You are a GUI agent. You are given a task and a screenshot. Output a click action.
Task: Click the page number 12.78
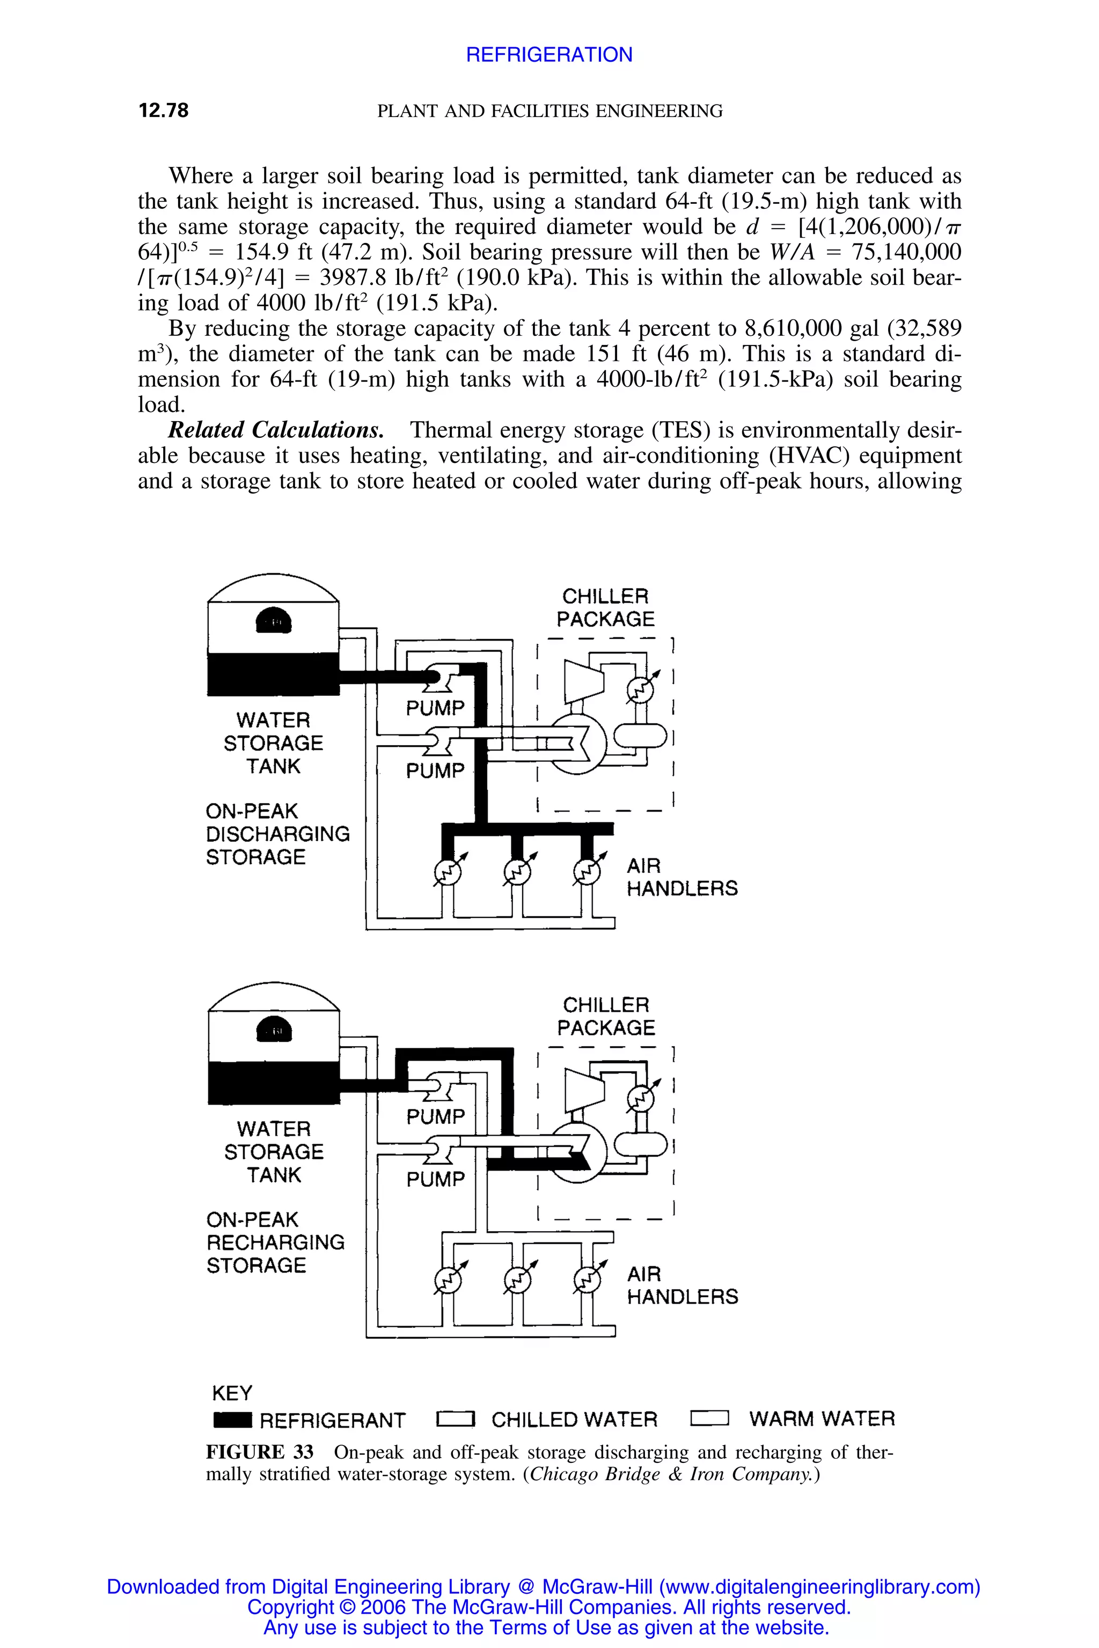pyautogui.click(x=163, y=111)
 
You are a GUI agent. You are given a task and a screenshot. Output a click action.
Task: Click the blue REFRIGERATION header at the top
pyautogui.click(x=549, y=55)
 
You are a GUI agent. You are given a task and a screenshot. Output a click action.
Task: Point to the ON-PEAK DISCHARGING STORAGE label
pyautogui.click(x=277, y=834)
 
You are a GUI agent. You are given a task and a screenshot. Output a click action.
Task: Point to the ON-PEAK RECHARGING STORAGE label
pyautogui.click(x=275, y=1242)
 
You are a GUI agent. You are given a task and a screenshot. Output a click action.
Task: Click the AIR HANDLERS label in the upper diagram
pyautogui.click(x=682, y=877)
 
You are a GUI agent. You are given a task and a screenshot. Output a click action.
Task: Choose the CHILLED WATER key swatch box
pyautogui.click(x=456, y=1419)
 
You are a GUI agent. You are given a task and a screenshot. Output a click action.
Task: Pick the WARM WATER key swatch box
pyautogui.click(x=709, y=1419)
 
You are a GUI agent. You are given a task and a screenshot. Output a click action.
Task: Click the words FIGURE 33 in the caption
pyautogui.click(x=259, y=1453)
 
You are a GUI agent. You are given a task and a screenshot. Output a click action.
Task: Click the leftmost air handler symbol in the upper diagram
pyautogui.click(x=448, y=872)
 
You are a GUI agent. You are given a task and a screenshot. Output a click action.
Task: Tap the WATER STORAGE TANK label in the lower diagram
pyautogui.click(x=273, y=1151)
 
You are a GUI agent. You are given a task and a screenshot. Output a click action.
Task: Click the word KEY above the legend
pyautogui.click(x=231, y=1392)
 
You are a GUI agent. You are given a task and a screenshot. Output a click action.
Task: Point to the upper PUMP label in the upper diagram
pyautogui.click(x=435, y=708)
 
